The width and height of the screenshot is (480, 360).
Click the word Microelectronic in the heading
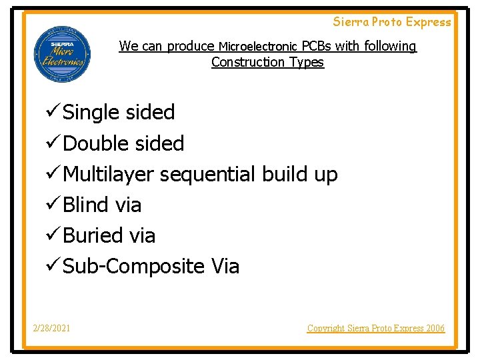point(258,47)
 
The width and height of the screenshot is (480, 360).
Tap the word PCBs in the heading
point(317,46)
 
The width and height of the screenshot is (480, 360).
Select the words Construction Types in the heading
point(267,62)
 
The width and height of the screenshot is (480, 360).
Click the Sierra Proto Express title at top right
point(392,22)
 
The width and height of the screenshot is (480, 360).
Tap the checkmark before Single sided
point(53,112)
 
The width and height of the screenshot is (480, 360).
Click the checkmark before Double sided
point(53,143)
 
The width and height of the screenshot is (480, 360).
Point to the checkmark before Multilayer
point(53,173)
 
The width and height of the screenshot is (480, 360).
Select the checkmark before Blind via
point(53,204)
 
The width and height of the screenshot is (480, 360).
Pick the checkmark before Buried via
point(53,235)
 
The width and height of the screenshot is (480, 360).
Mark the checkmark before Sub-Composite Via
point(53,265)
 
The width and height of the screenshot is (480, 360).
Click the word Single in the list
point(89,113)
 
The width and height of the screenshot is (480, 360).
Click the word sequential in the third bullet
point(208,175)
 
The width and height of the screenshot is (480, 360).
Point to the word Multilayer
point(109,175)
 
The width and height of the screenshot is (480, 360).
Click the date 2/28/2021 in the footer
point(53,328)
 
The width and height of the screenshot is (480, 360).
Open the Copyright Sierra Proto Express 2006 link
point(375,328)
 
